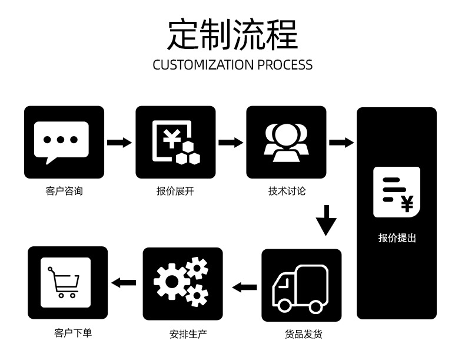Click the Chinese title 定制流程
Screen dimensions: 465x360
(x=232, y=34)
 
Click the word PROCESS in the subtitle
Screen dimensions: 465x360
(x=285, y=65)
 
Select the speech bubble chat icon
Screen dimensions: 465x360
(x=61, y=143)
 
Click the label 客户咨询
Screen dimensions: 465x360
(x=64, y=191)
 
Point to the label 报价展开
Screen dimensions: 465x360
(x=175, y=191)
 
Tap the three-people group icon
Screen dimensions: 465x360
(x=286, y=143)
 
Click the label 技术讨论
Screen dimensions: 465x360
(x=287, y=191)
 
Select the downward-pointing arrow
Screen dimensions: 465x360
(x=326, y=220)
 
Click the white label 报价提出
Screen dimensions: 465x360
(x=397, y=237)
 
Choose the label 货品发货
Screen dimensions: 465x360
(x=303, y=334)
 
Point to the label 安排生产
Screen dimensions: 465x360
(x=188, y=334)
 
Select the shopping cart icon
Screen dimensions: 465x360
(x=64, y=282)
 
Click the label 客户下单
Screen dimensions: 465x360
(x=73, y=333)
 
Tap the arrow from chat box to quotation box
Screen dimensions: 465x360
(x=119, y=143)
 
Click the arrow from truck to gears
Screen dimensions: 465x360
(x=244, y=288)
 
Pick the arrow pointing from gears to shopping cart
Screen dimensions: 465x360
(x=124, y=283)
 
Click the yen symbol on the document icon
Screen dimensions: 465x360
(x=407, y=204)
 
